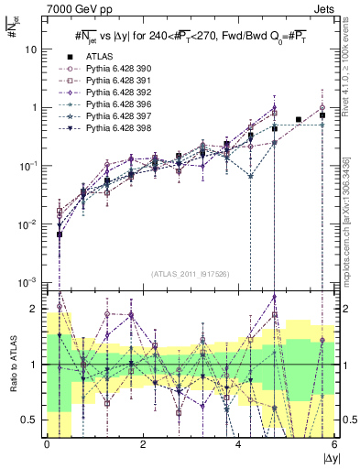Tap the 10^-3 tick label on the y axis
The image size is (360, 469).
[29, 282]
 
